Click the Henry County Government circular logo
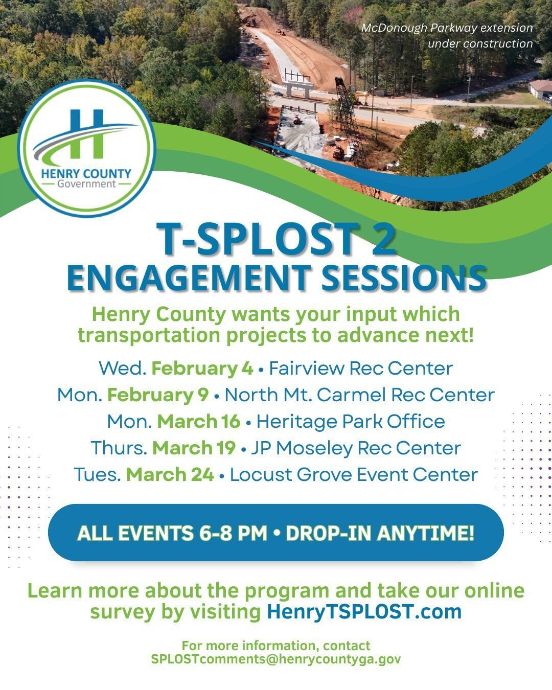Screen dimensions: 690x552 coord(86,148)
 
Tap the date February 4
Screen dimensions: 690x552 coord(202,369)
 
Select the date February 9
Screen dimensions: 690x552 coord(158,395)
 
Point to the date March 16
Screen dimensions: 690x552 coord(198,422)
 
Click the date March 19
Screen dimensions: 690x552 coord(194,448)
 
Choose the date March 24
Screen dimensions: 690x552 coord(170,475)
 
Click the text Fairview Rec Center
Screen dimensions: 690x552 coord(360,369)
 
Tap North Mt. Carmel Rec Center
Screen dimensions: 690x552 coord(359,395)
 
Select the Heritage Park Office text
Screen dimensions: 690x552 coord(350,422)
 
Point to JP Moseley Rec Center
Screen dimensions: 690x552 coord(355,448)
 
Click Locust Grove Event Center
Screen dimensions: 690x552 coord(354,475)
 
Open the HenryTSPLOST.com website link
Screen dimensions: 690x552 coord(364,612)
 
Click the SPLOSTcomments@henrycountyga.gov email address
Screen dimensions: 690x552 coord(276,659)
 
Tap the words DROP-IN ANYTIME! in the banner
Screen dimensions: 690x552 coord(380,533)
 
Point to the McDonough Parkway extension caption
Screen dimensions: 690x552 coord(447,35)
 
